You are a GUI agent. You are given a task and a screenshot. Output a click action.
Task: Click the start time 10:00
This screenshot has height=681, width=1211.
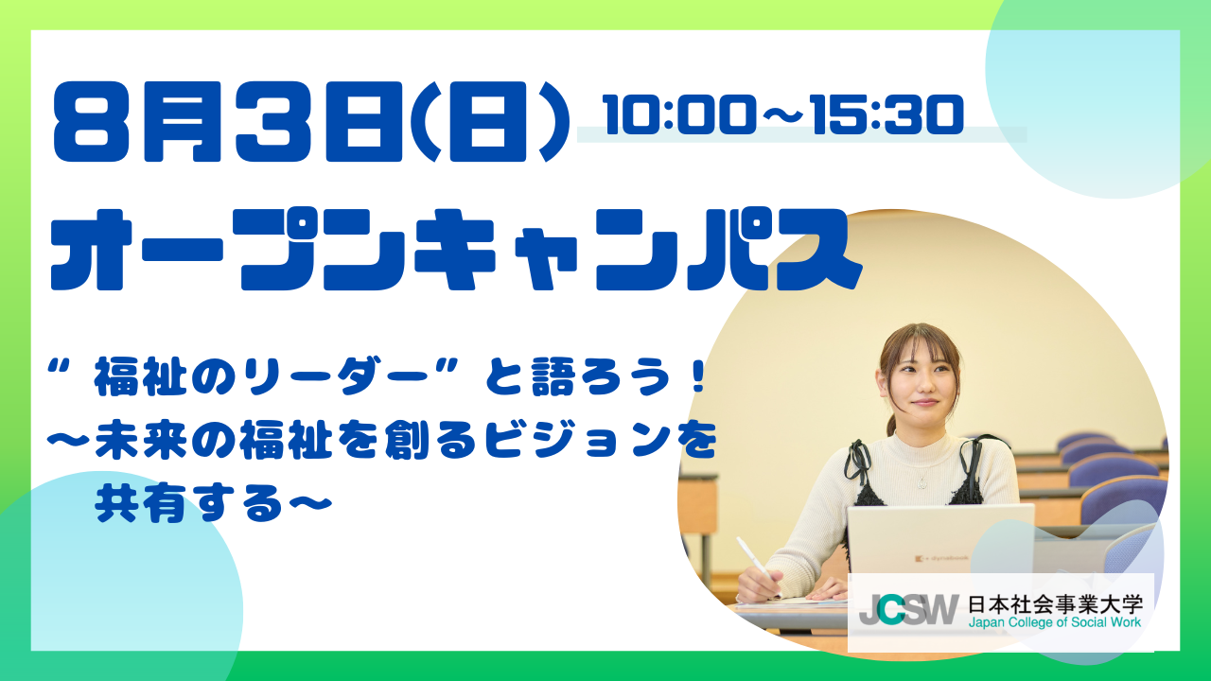tap(678, 114)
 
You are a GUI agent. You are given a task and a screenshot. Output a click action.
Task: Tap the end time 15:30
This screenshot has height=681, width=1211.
tap(887, 114)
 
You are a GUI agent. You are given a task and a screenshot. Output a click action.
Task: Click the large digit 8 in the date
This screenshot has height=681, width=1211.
tap(92, 122)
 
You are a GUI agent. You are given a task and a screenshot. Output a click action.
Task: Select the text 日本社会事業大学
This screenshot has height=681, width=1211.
tap(1055, 603)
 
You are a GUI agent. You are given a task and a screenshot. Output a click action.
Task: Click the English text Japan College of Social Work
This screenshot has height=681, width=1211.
tap(1055, 622)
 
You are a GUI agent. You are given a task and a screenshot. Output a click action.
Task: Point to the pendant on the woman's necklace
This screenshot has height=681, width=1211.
tap(921, 482)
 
